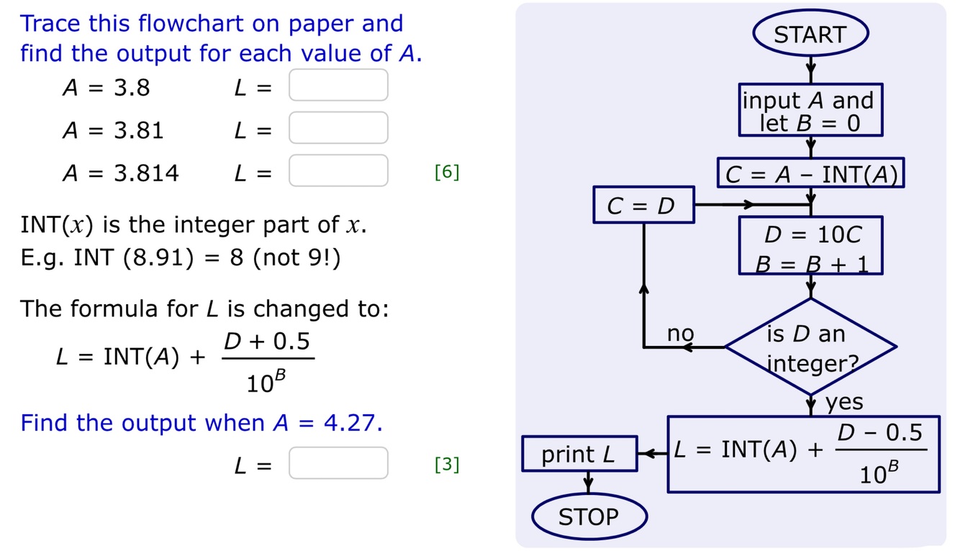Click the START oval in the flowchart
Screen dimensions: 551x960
(x=810, y=35)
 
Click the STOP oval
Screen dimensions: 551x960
(x=589, y=516)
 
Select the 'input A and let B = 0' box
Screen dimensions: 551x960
(x=810, y=110)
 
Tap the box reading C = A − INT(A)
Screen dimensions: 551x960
(x=811, y=174)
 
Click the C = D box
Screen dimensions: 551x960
(x=643, y=205)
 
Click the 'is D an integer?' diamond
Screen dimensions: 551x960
(x=810, y=347)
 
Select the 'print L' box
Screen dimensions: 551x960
(x=579, y=454)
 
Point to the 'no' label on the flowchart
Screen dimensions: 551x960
(x=680, y=334)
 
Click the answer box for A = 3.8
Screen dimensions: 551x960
(x=338, y=86)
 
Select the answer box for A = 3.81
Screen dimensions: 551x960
(x=338, y=129)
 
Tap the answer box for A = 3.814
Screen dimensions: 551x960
(x=338, y=171)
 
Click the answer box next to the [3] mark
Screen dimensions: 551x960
(x=338, y=463)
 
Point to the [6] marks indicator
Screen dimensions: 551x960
(x=447, y=173)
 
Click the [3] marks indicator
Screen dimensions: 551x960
(x=447, y=465)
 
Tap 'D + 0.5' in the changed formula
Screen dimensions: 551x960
(x=268, y=342)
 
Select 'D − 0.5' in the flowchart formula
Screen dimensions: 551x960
(x=879, y=432)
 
